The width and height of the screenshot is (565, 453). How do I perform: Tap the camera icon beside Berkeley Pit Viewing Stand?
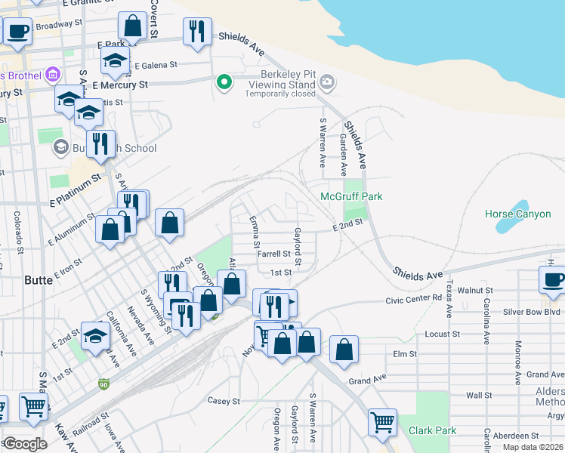pos(327,82)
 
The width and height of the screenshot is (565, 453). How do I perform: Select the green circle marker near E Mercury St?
pos(224,82)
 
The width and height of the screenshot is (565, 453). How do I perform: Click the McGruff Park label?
pos(351,196)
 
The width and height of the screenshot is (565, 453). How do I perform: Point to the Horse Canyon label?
pos(518,214)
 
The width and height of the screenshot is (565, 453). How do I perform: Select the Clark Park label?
pos(432,430)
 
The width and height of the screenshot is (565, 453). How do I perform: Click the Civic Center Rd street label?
pos(413,298)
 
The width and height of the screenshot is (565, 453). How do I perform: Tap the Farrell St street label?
pos(274,254)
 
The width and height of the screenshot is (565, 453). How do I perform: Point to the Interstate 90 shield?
pos(103,385)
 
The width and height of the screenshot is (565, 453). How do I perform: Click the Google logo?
pos(24,444)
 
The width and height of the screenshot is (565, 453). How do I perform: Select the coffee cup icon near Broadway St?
pos(18,31)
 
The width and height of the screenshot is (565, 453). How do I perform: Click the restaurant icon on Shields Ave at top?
pos(197,32)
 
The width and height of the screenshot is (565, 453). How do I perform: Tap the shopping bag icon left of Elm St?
pos(344,350)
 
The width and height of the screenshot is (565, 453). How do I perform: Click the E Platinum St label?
pos(74,192)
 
